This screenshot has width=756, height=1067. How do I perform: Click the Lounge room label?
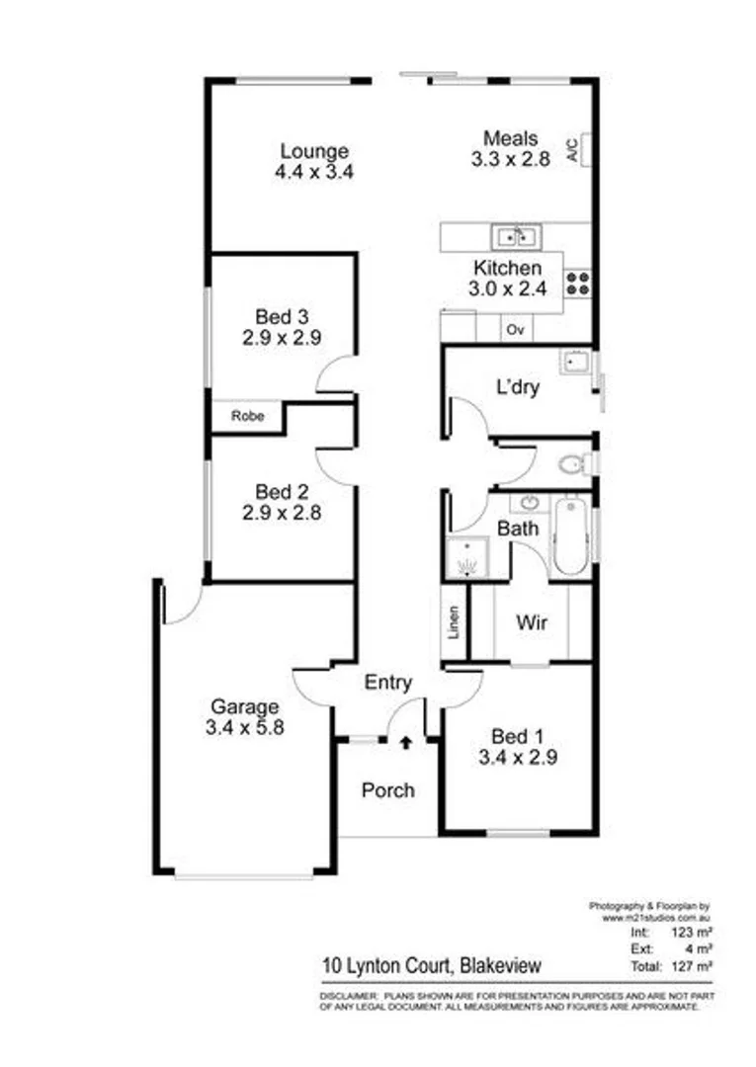[x=314, y=151]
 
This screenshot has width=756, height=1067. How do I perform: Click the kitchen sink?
[x=515, y=236]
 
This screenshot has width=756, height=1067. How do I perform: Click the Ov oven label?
[x=514, y=330]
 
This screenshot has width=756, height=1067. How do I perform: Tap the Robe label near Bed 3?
[x=247, y=416]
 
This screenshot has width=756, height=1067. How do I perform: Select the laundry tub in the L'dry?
[x=575, y=363]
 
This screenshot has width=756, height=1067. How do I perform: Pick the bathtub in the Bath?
[x=568, y=536]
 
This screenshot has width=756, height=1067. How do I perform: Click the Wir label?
[x=532, y=623]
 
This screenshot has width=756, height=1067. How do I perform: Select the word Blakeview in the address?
[x=498, y=965]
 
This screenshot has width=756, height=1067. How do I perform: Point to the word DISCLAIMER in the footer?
[x=347, y=999]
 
